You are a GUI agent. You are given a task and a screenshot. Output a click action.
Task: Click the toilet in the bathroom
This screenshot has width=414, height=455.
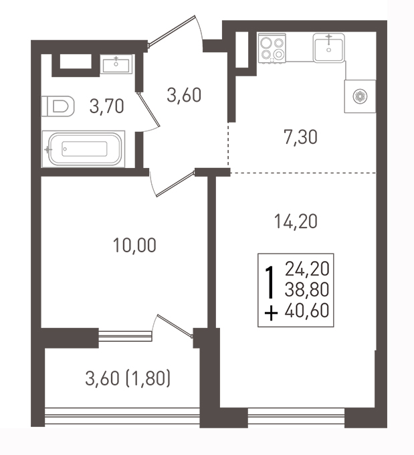pyautogui.click(x=58, y=106)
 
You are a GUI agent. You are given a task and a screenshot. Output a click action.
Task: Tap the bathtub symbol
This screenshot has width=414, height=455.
pyautogui.click(x=84, y=149)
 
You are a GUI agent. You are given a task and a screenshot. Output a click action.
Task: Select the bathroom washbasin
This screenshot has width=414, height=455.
pyautogui.click(x=116, y=64)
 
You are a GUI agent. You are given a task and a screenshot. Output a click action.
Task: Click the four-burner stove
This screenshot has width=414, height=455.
pyautogui.click(x=272, y=48)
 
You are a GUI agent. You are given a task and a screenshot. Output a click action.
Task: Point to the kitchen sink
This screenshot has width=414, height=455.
pyautogui.click(x=328, y=48)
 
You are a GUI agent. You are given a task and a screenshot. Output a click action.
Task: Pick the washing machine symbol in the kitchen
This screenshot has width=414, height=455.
pyautogui.click(x=360, y=96)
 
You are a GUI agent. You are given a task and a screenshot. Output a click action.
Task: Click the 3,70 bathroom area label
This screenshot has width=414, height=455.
pyautogui.click(x=107, y=106)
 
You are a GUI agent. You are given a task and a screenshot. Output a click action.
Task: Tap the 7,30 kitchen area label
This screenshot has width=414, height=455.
pyautogui.click(x=300, y=137)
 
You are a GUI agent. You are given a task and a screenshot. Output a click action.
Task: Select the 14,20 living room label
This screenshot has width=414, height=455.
pyautogui.click(x=296, y=221)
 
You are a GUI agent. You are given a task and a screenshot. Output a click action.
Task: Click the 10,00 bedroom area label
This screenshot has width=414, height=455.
pyautogui.click(x=134, y=245)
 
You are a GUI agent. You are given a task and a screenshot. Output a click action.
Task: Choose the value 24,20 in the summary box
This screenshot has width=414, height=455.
pyautogui.click(x=307, y=269)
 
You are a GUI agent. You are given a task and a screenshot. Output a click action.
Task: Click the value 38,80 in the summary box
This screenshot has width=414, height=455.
pyautogui.click(x=307, y=289)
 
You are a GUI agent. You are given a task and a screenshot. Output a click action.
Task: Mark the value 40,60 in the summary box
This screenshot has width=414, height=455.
pyautogui.click(x=307, y=310)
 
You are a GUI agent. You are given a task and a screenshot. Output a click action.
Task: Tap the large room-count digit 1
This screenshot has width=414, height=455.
pyautogui.click(x=270, y=282)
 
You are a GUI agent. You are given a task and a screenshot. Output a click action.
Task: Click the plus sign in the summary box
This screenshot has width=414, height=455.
pyautogui.click(x=271, y=314)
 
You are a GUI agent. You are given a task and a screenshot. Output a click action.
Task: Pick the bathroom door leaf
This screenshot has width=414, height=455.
pyautogui.click(x=149, y=110)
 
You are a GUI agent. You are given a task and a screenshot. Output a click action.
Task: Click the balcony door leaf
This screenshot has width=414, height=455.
pyautogui.click(x=175, y=326)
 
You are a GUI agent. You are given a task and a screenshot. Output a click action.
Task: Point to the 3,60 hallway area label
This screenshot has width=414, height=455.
pyautogui.click(x=184, y=95)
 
